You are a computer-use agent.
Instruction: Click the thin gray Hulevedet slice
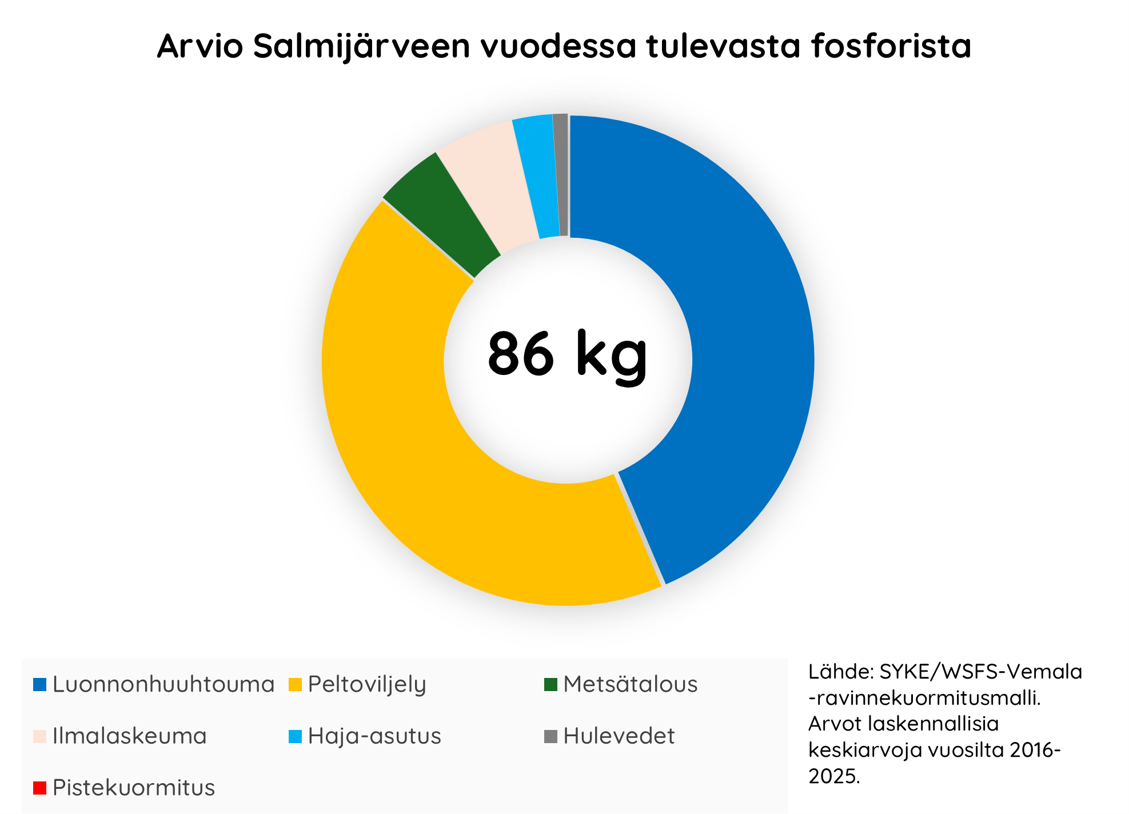click(x=561, y=174)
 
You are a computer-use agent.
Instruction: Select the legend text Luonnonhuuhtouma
click(x=163, y=684)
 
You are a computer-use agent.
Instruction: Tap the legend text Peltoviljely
click(x=367, y=685)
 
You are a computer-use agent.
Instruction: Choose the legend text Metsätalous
click(x=631, y=684)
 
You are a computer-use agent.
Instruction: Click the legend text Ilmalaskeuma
click(x=129, y=736)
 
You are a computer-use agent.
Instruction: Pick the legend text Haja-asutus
click(x=374, y=736)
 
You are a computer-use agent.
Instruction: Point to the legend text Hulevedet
click(x=619, y=736)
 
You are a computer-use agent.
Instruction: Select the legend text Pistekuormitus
click(x=134, y=788)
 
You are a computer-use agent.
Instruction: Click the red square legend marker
click(x=39, y=788)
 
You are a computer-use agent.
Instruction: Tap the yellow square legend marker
click(x=295, y=684)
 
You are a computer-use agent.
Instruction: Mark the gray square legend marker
click(x=550, y=736)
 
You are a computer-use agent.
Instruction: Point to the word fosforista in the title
click(x=891, y=46)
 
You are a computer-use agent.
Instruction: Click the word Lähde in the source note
click(x=841, y=672)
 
